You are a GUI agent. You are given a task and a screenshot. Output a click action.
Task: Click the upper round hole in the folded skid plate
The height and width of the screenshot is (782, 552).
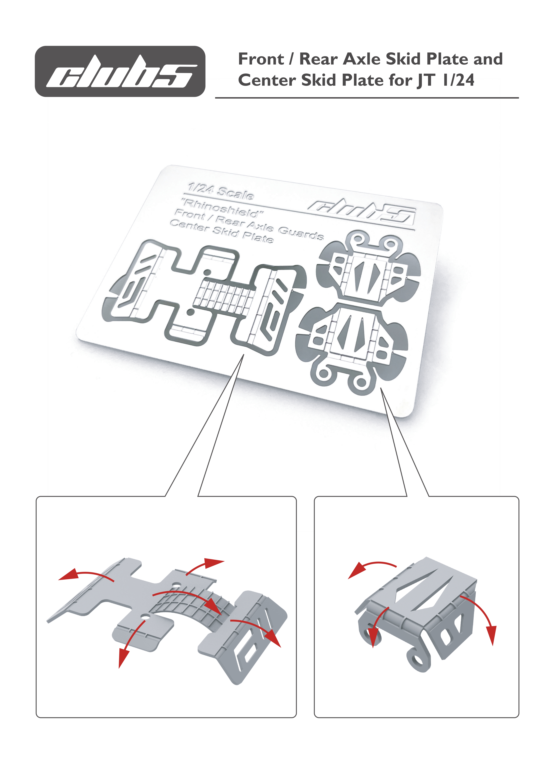[176, 585]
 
